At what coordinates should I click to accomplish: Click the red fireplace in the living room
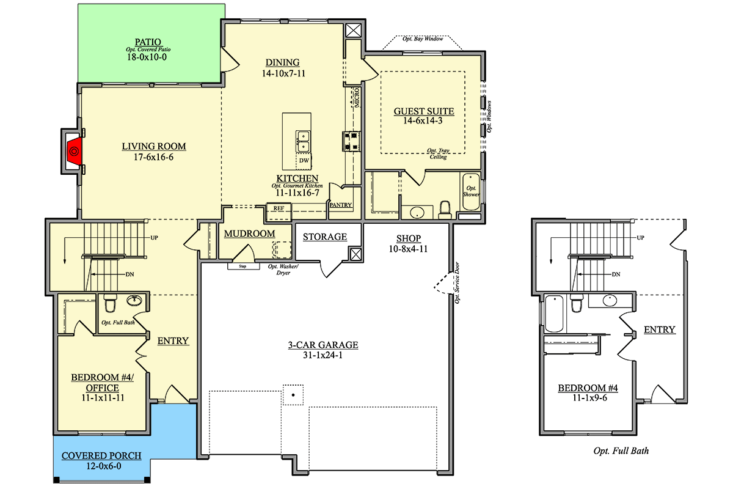click(x=75, y=151)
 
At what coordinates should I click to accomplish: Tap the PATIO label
click(x=148, y=42)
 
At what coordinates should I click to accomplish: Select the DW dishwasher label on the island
click(x=304, y=161)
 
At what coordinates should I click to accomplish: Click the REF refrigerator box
click(x=279, y=212)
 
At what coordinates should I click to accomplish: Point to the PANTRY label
click(x=341, y=205)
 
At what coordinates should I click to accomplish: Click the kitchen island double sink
click(x=303, y=141)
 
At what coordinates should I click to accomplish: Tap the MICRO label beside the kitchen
click(x=357, y=97)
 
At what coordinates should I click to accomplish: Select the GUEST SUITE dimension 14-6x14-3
click(x=423, y=120)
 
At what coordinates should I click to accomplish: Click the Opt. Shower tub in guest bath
click(x=471, y=192)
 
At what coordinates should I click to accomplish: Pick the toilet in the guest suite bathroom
click(x=445, y=210)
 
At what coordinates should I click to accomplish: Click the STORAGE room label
click(x=324, y=237)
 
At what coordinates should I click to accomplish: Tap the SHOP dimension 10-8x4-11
click(x=408, y=249)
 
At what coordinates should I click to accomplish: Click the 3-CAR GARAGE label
click(x=323, y=345)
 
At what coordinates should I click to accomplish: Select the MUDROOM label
click(x=249, y=233)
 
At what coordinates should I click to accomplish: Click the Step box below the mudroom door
click(x=244, y=267)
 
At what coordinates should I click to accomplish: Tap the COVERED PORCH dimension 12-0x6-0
click(x=104, y=466)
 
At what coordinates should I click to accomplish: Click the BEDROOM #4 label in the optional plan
click(x=588, y=388)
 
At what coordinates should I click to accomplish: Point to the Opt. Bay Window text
click(x=423, y=39)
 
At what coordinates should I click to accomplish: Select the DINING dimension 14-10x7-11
click(x=283, y=73)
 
